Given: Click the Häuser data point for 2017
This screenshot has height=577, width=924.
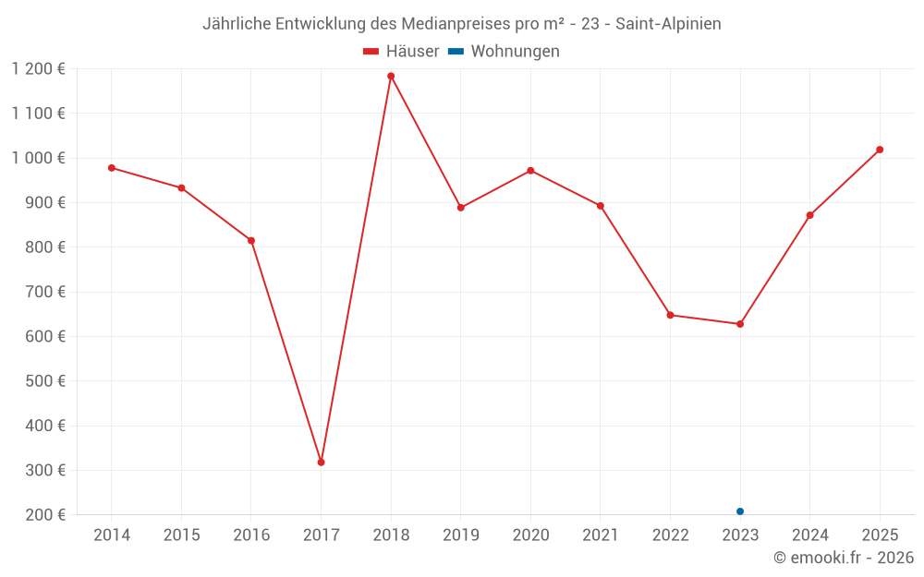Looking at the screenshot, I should click(x=321, y=462).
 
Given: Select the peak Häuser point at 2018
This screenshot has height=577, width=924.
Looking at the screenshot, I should click(x=391, y=76).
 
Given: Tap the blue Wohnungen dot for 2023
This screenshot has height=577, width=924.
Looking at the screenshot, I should click(x=740, y=511).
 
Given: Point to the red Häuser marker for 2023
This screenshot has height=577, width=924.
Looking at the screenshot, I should click(x=740, y=324).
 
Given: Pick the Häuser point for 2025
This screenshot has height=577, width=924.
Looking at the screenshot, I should click(x=880, y=150).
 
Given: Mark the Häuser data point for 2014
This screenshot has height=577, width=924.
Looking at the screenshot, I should click(x=111, y=168).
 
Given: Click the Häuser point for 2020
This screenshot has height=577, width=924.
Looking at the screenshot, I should click(x=530, y=171).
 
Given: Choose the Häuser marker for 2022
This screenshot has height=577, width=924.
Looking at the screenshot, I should click(x=670, y=315).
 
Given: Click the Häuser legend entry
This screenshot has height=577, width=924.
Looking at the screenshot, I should click(x=401, y=52).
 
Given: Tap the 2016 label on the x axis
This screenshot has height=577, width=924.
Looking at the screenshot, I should click(x=251, y=535).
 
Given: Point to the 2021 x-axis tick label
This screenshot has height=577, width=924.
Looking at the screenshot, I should click(x=601, y=535).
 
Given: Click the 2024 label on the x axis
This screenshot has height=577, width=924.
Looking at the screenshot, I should click(x=810, y=535).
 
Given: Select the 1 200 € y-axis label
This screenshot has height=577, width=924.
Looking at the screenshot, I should click(x=39, y=68).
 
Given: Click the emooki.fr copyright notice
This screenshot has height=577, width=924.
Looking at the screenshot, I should click(x=843, y=558).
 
